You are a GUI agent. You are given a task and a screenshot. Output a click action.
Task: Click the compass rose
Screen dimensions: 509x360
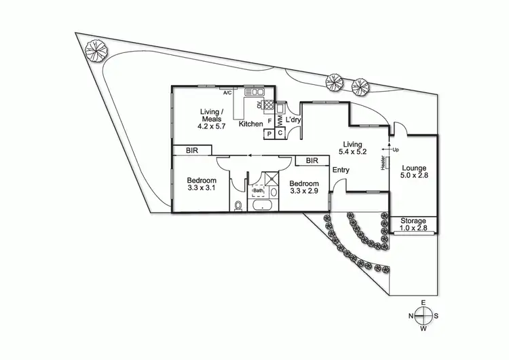pyautogui.click(x=423, y=315)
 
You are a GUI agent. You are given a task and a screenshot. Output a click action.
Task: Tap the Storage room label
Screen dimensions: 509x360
pyautogui.click(x=413, y=221)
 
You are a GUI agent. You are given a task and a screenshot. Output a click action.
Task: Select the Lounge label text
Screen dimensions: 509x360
pyautogui.click(x=413, y=168)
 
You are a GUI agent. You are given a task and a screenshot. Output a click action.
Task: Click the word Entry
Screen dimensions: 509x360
pyautogui.click(x=340, y=170)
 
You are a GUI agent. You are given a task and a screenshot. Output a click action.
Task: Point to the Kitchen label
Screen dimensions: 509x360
pyautogui.click(x=250, y=124)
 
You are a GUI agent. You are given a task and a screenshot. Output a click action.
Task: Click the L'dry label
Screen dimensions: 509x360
pyautogui.click(x=293, y=120)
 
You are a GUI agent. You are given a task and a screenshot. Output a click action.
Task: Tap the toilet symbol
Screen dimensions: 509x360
pyautogui.click(x=238, y=206)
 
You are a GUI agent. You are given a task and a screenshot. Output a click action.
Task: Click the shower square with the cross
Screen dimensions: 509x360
pyautogui.click(x=271, y=179)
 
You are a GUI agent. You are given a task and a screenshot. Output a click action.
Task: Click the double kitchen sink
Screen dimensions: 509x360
pyautogui.click(x=257, y=92)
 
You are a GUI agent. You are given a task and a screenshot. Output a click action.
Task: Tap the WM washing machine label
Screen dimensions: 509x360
pyautogui.click(x=280, y=120)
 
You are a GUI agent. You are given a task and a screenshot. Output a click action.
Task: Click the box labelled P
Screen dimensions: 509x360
pyautogui.click(x=269, y=134)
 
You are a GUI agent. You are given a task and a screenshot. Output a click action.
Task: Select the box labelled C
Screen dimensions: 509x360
pyautogui.click(x=280, y=134)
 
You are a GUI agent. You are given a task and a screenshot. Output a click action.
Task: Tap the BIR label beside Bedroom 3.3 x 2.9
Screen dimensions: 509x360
pyautogui.click(x=312, y=161)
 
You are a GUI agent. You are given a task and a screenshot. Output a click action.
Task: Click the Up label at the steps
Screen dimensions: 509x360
pyautogui.click(x=395, y=149)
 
